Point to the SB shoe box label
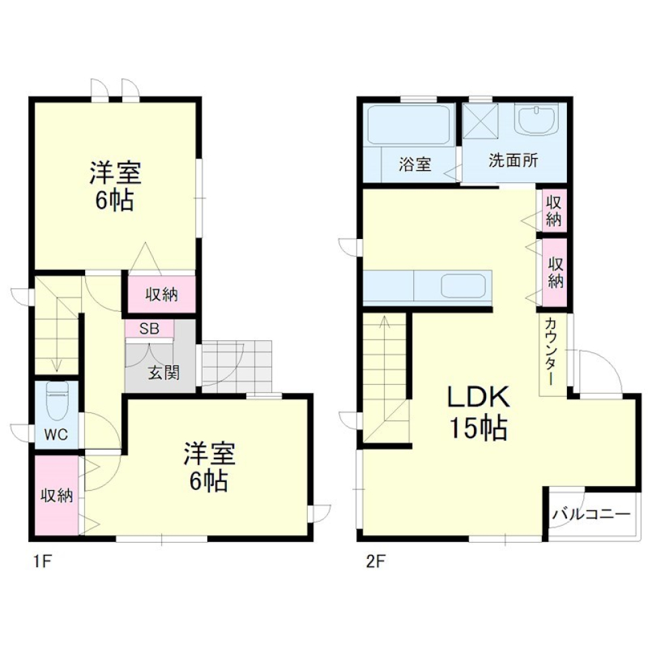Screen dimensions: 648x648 pyautogui.click(x=148, y=329)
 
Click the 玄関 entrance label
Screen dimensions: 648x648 pyautogui.click(x=163, y=373)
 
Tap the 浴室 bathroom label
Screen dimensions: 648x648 pyautogui.click(x=414, y=164)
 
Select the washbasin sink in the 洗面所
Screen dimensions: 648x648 pyautogui.click(x=536, y=119)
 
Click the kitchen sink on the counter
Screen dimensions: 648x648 pyautogui.click(x=464, y=286)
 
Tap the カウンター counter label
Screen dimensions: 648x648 pyautogui.click(x=551, y=351)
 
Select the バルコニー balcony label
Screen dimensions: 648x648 pyautogui.click(x=591, y=514)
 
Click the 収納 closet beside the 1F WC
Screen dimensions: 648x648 pyautogui.click(x=56, y=495)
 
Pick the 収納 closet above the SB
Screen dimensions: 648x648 pyautogui.click(x=161, y=294)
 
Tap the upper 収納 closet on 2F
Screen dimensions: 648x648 pyautogui.click(x=554, y=210)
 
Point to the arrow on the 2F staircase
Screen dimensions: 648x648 pyautogui.click(x=385, y=324)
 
